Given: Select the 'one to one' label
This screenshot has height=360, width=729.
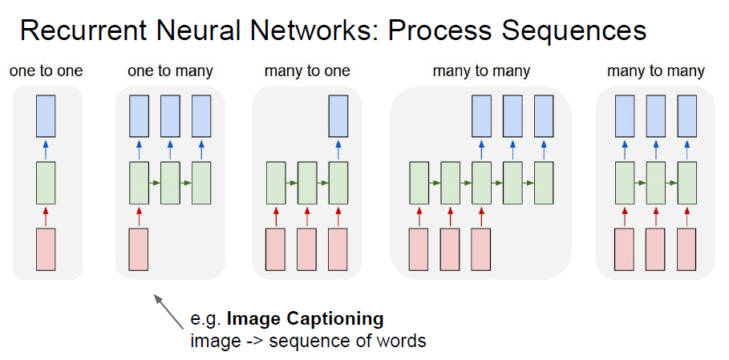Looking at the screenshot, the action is pos(46,71).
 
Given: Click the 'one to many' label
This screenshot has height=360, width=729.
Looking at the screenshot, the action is pos(170,71).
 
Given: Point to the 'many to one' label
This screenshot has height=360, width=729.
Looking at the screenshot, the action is pos(307,71).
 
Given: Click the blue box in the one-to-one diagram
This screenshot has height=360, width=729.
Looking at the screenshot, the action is pos(46,116).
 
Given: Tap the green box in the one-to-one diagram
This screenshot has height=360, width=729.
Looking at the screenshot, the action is pos(46,183).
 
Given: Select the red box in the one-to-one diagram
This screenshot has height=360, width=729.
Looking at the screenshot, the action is pos(46,249).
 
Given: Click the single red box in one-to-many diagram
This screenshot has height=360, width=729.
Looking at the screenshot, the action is pos(139,249).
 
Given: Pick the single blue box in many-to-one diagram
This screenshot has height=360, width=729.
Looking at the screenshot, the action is pos(338,116).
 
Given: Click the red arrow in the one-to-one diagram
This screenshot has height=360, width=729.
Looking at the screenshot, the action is pos(46,216).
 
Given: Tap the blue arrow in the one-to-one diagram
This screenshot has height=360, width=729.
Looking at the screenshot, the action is pos(46,150).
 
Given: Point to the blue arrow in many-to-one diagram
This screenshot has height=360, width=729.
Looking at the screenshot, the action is pos(338,150).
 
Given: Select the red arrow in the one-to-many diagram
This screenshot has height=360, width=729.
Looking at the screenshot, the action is pos(139,216).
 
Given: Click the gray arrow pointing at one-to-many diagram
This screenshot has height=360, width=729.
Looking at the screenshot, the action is pos(168,312).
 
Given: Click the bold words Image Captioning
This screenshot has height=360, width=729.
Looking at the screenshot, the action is pos(306,320).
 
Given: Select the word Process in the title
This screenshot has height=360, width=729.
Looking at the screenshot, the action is pos(439,30).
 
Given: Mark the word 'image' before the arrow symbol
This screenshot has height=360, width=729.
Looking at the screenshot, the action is pos(213,342).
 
